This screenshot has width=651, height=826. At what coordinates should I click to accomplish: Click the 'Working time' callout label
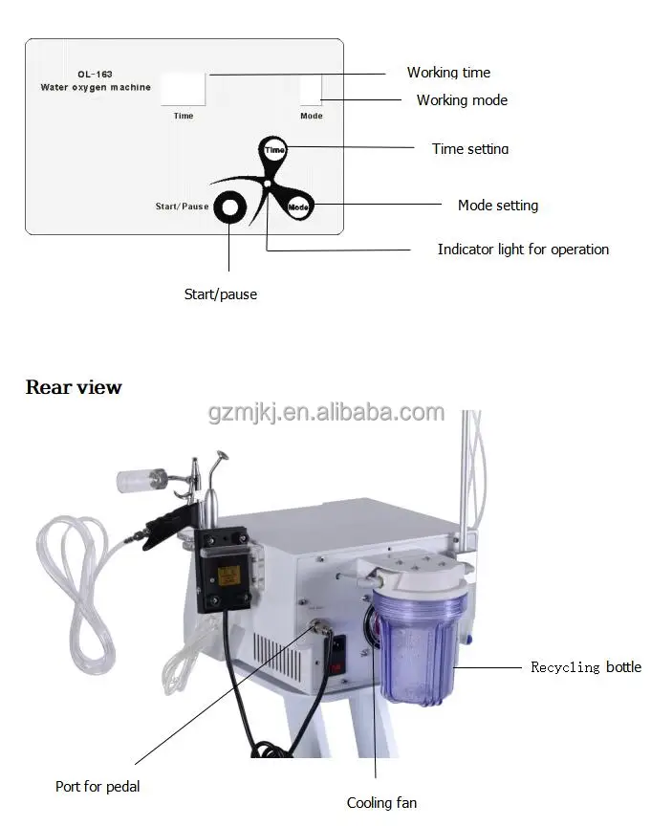click(448, 73)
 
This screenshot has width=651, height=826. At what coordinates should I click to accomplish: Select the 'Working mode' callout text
click(462, 100)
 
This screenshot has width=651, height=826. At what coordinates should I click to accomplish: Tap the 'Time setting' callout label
click(470, 149)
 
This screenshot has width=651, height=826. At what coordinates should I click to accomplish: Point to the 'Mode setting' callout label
click(497, 206)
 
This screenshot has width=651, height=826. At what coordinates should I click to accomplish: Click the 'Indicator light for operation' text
click(523, 250)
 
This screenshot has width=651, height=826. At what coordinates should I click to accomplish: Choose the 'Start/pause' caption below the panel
click(220, 294)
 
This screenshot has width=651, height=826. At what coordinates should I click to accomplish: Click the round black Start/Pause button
click(229, 206)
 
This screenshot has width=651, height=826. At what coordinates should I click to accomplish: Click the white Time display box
click(183, 91)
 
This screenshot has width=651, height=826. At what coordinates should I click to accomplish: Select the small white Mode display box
click(311, 90)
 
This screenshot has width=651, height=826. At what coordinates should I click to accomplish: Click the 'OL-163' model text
click(95, 74)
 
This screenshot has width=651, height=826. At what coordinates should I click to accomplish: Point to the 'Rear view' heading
click(74, 387)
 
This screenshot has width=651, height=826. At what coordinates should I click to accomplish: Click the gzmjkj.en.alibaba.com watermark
click(326, 413)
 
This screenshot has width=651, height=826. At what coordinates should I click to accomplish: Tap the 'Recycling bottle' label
click(586, 667)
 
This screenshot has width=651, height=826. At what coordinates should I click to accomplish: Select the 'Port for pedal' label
click(98, 787)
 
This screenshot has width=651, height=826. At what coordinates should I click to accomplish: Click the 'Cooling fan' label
click(381, 803)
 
